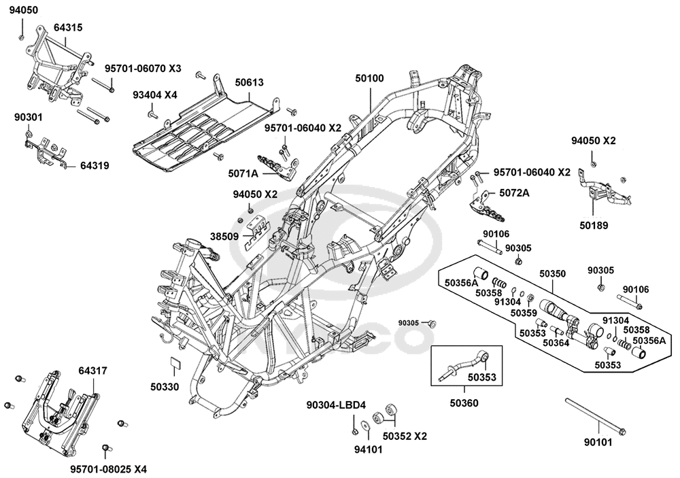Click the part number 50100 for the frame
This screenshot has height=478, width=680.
369,78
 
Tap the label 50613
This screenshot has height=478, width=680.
250,82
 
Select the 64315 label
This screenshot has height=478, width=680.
68,27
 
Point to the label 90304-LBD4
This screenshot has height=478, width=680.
336,405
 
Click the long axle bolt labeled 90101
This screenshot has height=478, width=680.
596,416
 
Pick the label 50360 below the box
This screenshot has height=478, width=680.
464,403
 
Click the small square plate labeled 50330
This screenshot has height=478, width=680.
176,362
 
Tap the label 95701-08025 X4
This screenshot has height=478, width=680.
109,469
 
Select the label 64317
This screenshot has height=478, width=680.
92,371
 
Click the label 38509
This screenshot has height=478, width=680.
224,237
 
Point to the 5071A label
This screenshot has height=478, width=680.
243,174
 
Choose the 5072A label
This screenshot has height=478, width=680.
514,193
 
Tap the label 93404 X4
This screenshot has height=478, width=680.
155,95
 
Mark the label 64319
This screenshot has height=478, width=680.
95,166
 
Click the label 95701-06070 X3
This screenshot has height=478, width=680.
143,69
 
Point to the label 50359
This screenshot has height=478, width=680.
524,313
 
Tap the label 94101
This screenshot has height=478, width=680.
368,450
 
